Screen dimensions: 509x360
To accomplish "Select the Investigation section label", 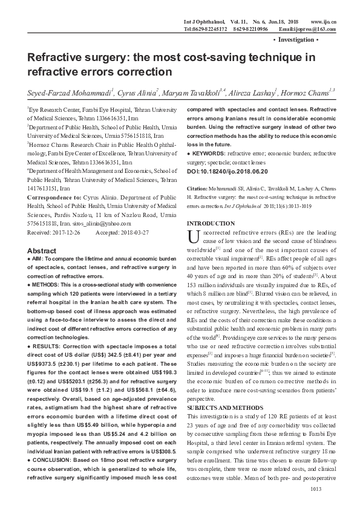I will [x=296, y=39].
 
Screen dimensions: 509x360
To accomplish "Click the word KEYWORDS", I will [x=208, y=154].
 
